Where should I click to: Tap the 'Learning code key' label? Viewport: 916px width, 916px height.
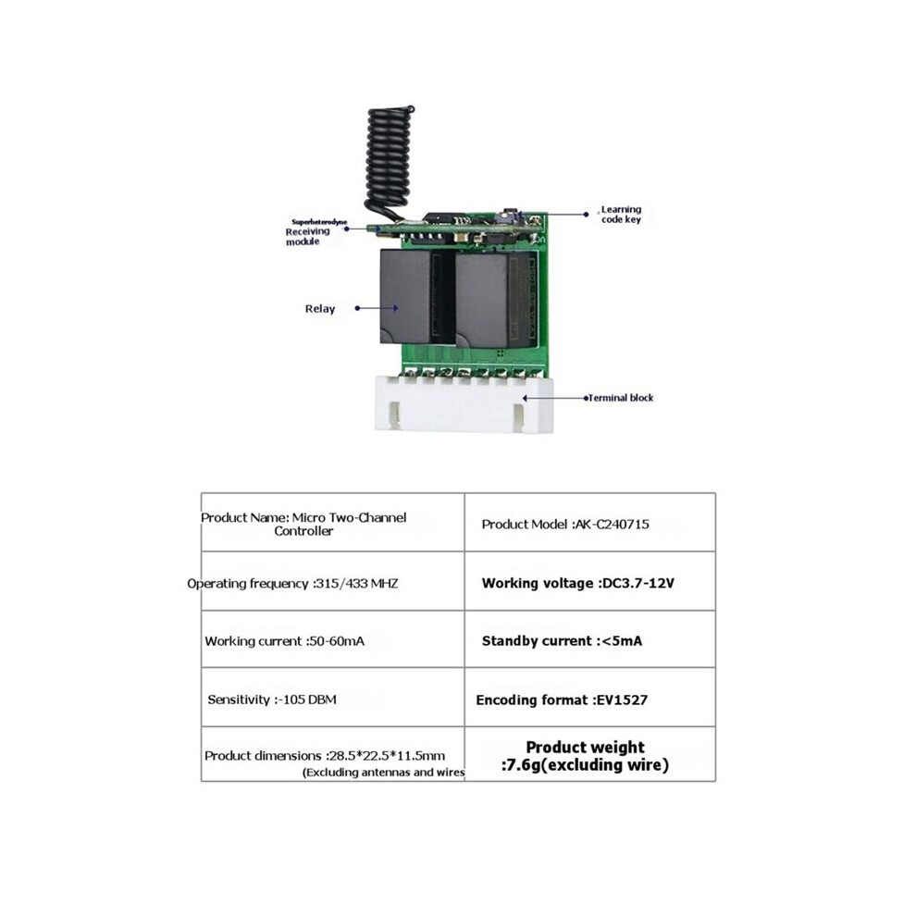[621, 215]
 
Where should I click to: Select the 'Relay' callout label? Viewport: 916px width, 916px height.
[320, 308]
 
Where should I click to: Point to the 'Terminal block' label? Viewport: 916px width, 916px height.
[621, 398]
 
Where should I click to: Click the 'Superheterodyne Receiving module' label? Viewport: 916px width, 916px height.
[316, 232]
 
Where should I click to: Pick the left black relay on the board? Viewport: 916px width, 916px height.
[406, 296]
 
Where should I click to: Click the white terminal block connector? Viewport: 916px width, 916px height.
[464, 404]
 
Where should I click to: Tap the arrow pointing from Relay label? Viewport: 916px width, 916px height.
[377, 308]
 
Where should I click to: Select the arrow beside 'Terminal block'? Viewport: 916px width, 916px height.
[555, 398]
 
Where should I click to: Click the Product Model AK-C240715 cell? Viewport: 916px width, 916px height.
[590, 522]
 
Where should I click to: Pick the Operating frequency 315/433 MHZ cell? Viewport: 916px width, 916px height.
[333, 582]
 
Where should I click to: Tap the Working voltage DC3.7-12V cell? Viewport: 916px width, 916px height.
[590, 582]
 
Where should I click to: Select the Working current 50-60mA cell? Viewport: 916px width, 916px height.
[333, 639]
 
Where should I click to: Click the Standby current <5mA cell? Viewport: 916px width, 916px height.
[590, 639]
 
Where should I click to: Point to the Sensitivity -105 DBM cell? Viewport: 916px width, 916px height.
[333, 698]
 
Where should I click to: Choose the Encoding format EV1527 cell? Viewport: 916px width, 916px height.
[590, 698]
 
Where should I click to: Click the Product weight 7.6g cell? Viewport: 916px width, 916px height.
[590, 754]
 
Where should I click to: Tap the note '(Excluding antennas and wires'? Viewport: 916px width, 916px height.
[384, 773]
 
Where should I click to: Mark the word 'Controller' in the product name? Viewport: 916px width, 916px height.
[303, 531]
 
